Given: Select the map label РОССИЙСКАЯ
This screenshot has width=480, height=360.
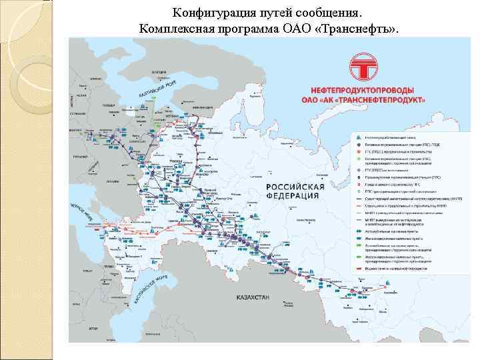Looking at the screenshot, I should click(295, 187).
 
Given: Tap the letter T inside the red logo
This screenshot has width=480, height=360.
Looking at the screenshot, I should click(368, 67).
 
